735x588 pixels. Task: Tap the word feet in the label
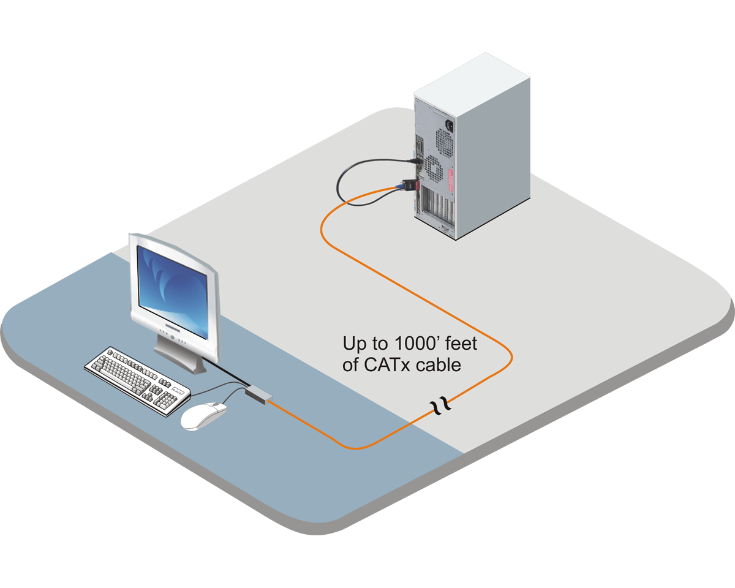coord(458,343)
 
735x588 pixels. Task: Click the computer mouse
coord(204,416)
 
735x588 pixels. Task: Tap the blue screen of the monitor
coord(171,285)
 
